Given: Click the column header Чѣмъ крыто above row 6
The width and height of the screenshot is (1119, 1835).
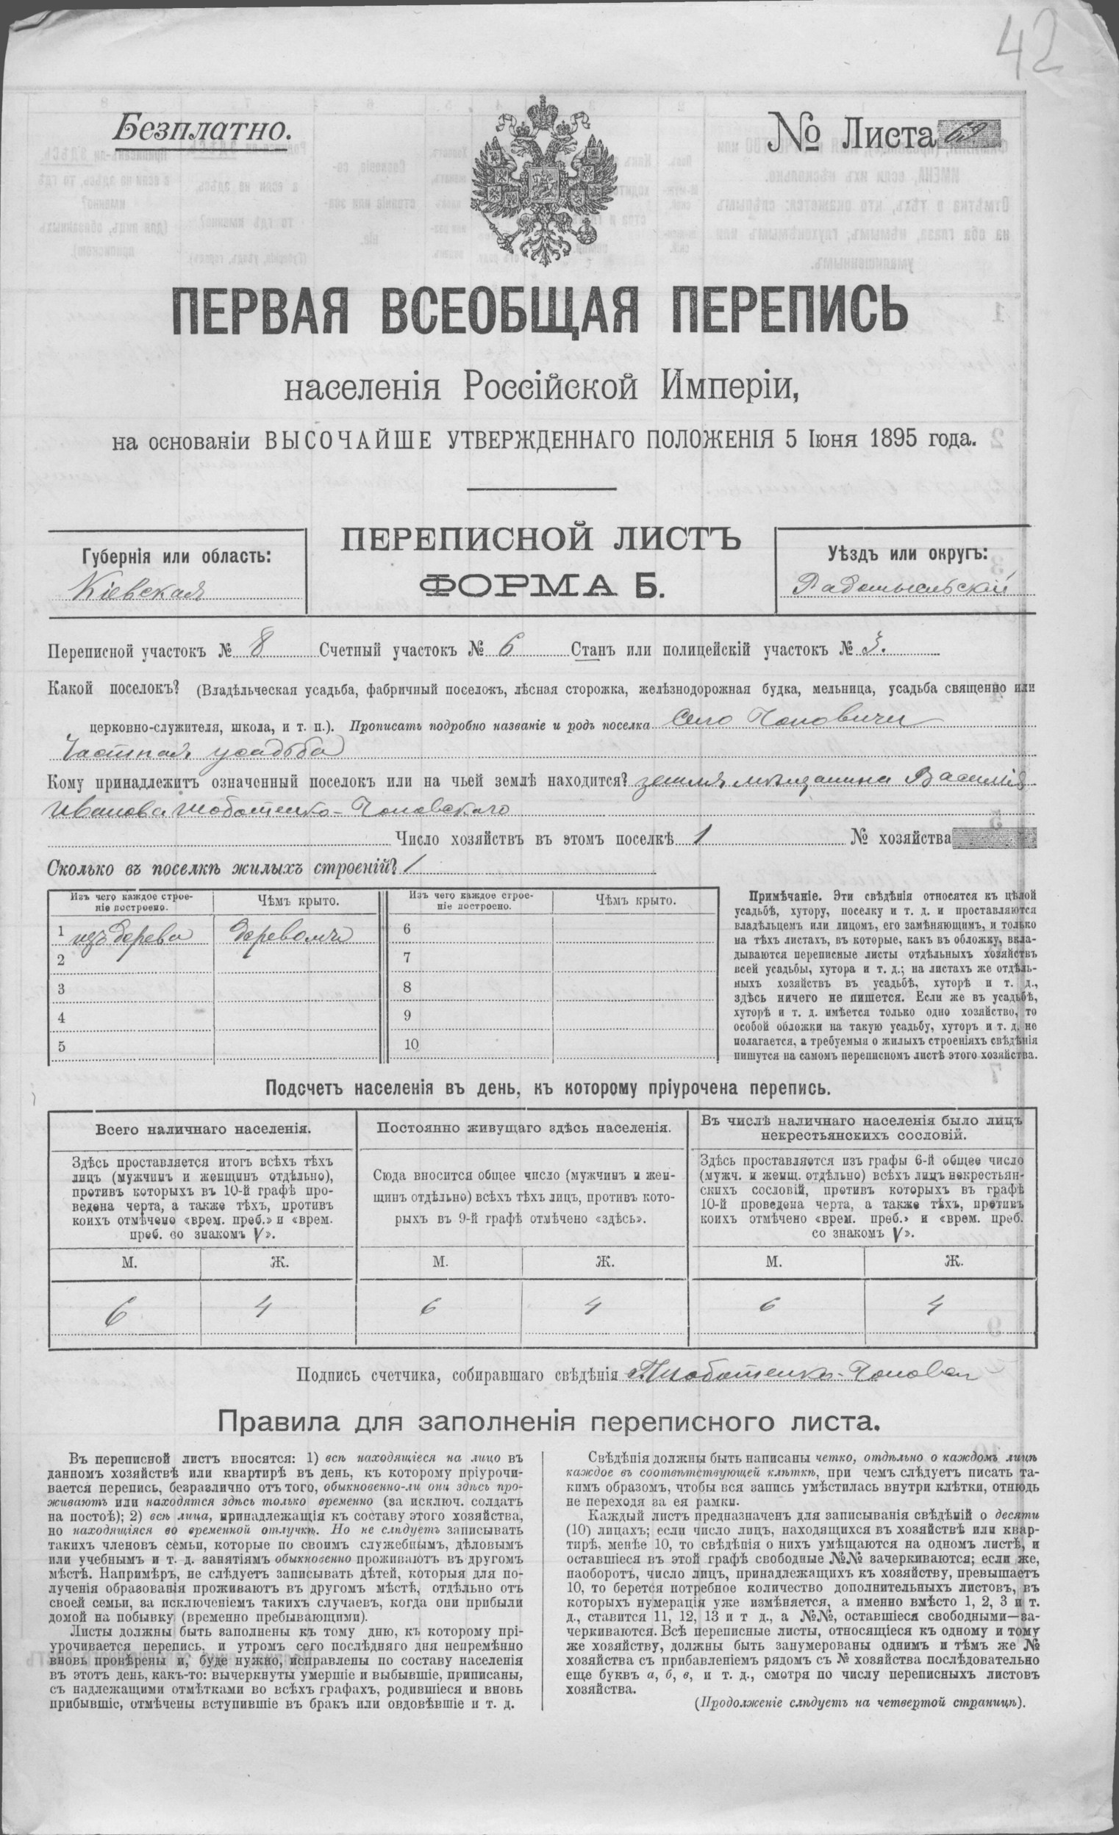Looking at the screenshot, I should [x=635, y=900].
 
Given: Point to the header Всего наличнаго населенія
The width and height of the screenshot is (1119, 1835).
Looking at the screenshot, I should [x=204, y=1129].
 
